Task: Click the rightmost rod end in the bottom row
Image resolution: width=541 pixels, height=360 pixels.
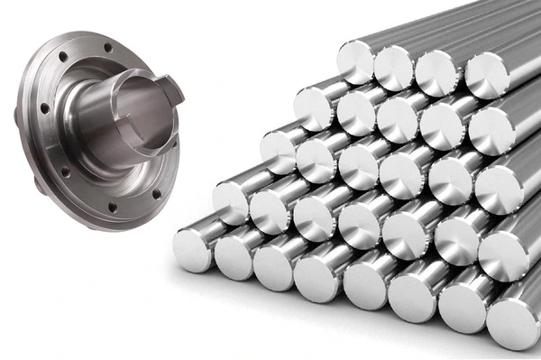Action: [x=513, y=323]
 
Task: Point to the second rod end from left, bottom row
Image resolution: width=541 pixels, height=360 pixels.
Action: [x=233, y=254]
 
